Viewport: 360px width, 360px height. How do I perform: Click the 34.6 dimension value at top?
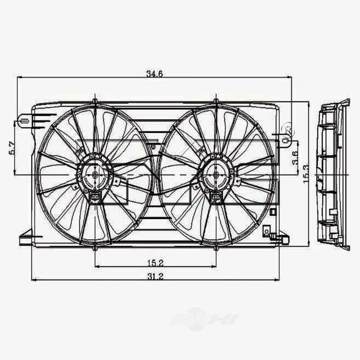[154, 74]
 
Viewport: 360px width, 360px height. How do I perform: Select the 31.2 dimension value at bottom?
[156, 276]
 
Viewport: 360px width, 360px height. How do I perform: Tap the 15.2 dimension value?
[156, 263]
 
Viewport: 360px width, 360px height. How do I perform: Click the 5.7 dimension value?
[11, 148]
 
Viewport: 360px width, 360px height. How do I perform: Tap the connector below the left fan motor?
[94, 198]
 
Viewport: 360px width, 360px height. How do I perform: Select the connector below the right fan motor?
[216, 198]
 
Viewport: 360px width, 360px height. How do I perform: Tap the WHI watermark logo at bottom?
[205, 319]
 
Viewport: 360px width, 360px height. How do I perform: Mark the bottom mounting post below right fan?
[216, 248]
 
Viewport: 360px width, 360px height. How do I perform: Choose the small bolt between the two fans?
[154, 146]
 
